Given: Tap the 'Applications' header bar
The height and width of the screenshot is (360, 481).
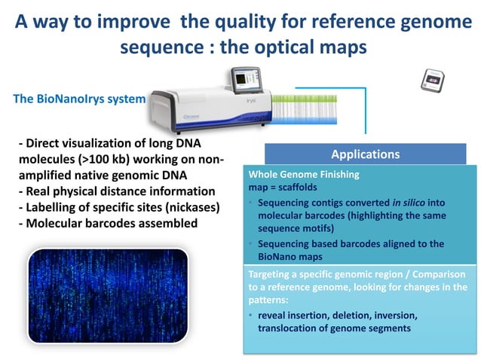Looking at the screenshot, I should (365, 154).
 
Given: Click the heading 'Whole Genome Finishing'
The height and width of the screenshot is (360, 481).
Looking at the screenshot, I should (305, 173).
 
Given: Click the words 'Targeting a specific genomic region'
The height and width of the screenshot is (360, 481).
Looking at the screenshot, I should (324, 275).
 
